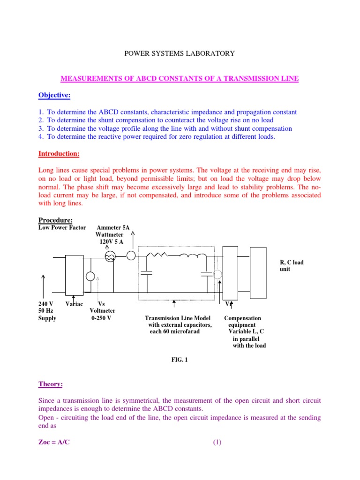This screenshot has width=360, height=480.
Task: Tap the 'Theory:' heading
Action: coord(50,384)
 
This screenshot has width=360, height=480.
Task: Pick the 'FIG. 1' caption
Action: coord(180,360)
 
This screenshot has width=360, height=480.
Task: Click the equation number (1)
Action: coord(217,442)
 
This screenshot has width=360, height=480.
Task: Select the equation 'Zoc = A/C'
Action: coord(54,442)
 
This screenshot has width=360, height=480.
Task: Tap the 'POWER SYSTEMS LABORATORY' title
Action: coord(179,53)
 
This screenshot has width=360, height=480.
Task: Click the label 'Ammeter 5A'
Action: coord(112,228)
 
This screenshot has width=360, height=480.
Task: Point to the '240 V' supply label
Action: coord(46,304)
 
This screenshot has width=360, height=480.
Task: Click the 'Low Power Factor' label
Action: coord(62,228)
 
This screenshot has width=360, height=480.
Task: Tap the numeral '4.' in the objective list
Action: coord(41,136)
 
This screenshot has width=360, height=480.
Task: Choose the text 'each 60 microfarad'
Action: coord(174,331)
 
